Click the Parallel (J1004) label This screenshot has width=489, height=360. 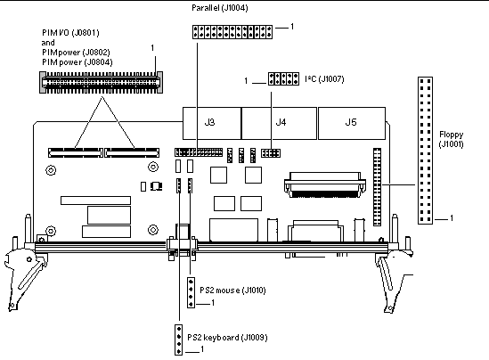[219, 8]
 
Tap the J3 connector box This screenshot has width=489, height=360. [212, 123]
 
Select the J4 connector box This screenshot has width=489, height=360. [279, 123]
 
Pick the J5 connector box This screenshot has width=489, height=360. [352, 123]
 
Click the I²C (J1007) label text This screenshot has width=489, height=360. [324, 79]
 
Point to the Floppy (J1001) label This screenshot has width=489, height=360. [451, 139]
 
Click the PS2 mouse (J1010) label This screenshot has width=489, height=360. [232, 290]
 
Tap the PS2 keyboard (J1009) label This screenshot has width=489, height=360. [227, 337]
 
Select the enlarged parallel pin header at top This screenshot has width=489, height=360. [232, 32]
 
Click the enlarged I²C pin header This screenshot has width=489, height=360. [283, 78]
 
